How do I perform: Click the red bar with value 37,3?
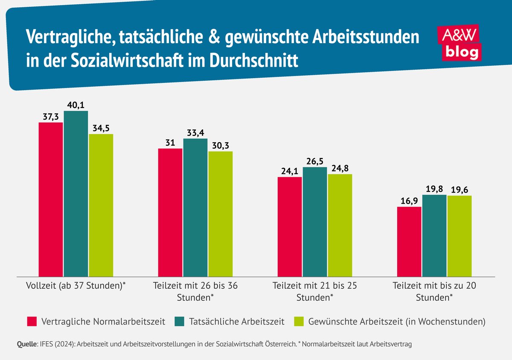[51, 199]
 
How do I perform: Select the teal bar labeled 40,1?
[76, 193]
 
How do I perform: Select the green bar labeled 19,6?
[460, 236]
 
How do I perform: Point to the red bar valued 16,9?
[409, 242]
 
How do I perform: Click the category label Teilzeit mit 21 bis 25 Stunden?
[315, 291]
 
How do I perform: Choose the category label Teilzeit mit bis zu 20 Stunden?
[434, 291]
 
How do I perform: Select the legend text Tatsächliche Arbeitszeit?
[236, 322]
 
